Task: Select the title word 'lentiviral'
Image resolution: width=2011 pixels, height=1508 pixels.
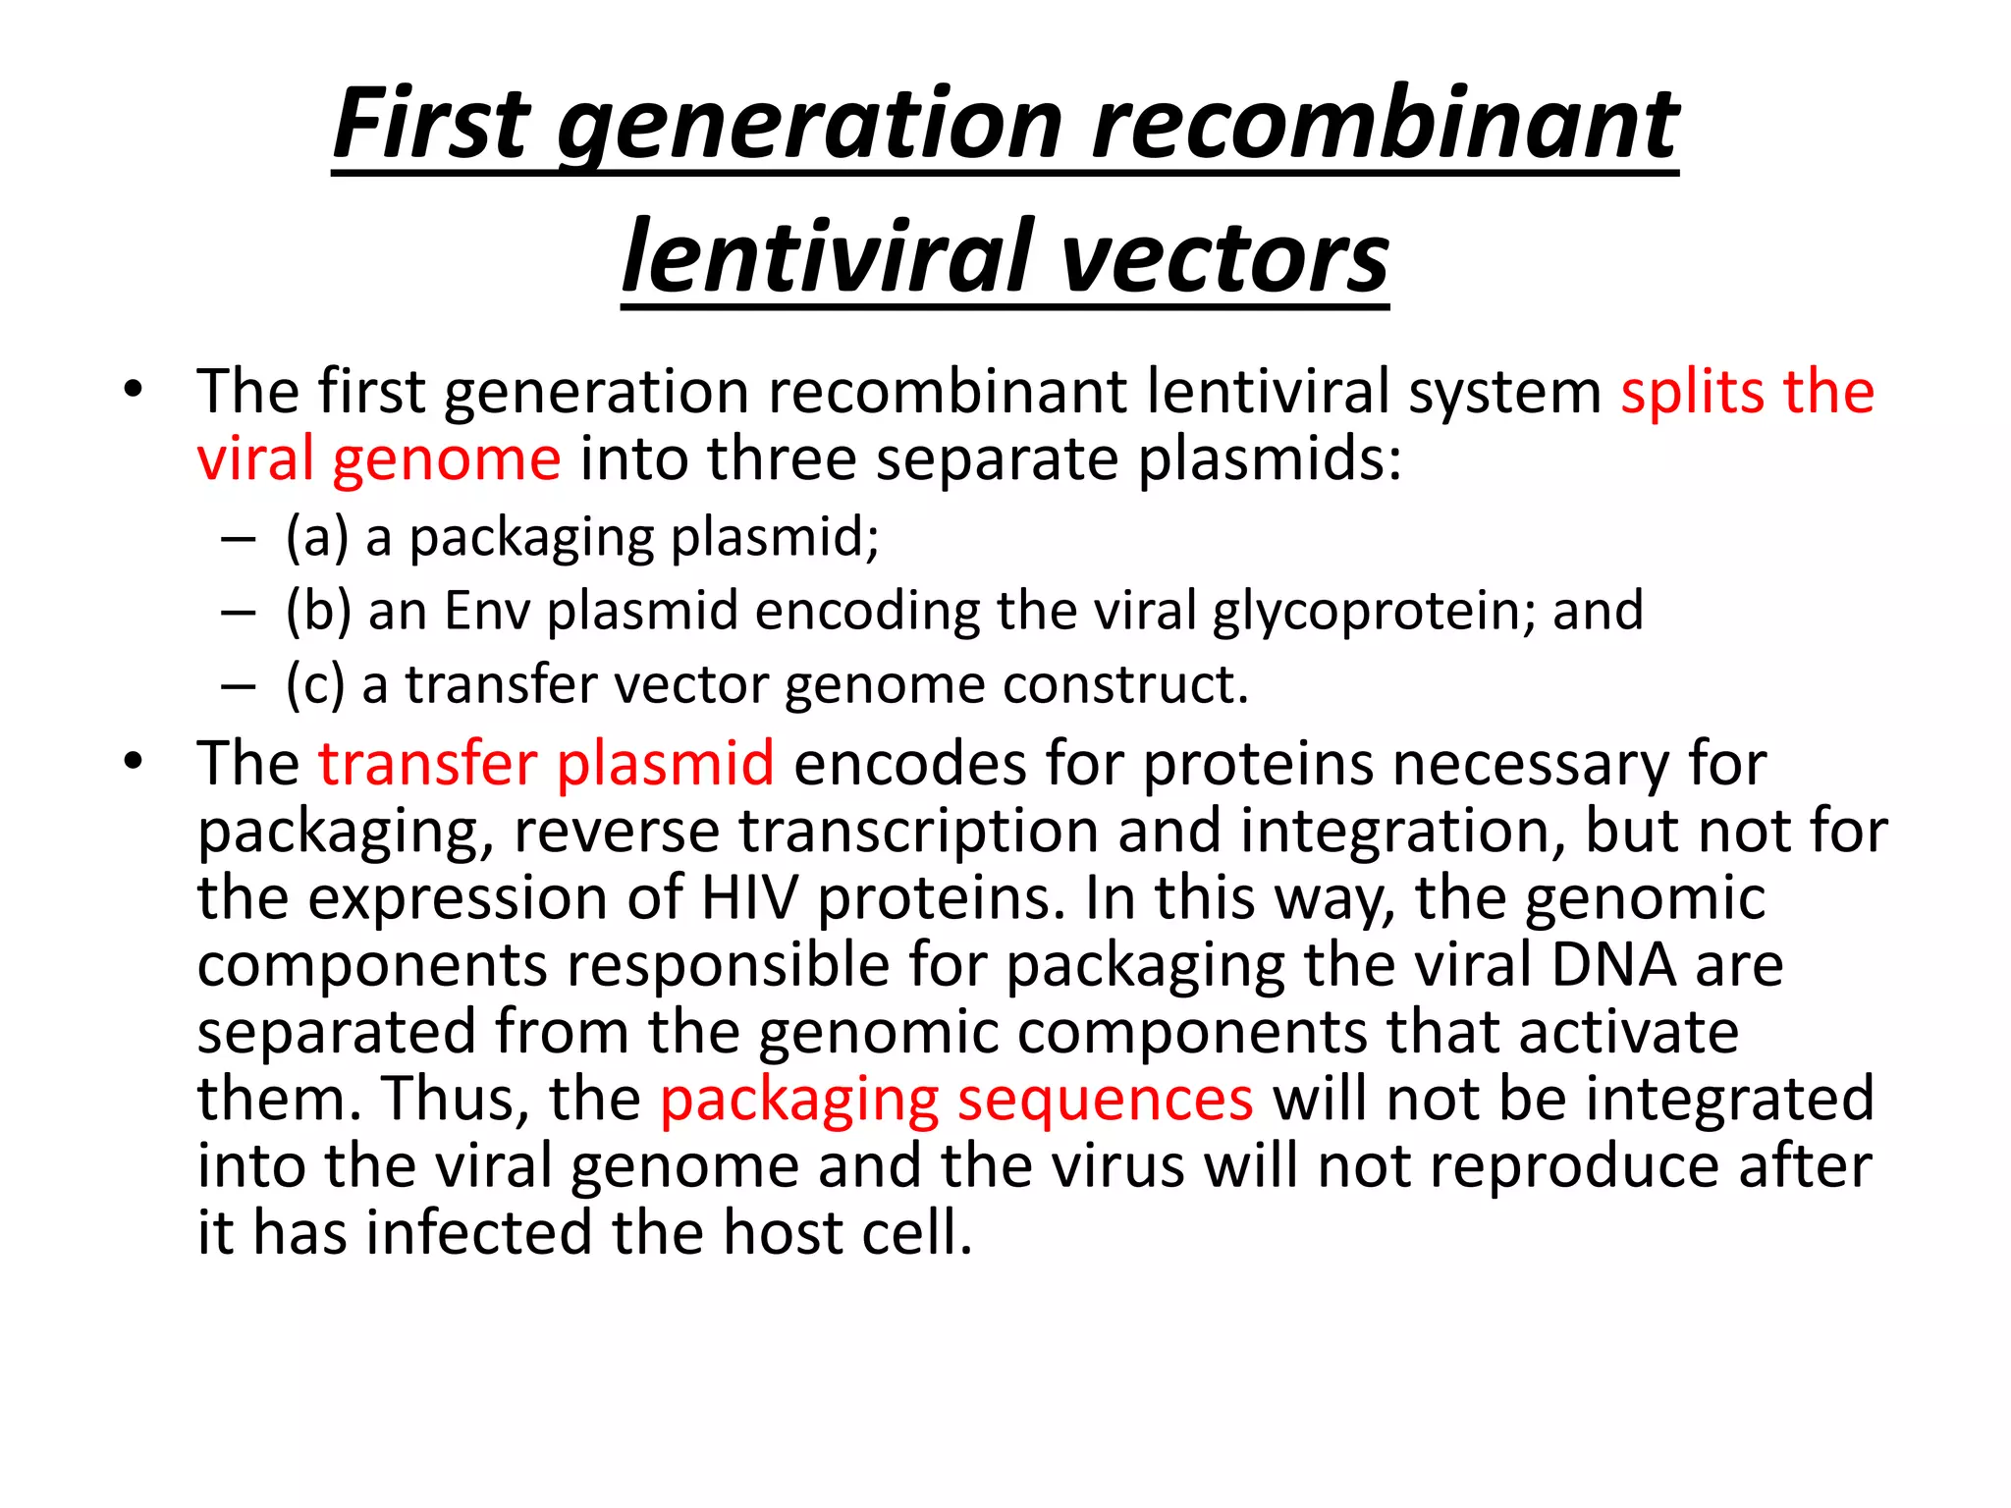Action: click(x=829, y=258)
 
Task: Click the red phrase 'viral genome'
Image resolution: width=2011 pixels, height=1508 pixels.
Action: click(x=379, y=459)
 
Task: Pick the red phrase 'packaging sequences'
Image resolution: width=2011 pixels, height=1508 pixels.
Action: click(x=956, y=1099)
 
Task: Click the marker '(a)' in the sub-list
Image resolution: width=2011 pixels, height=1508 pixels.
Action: click(x=317, y=538)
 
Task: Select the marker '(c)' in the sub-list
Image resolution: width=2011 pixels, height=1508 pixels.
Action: click(x=315, y=684)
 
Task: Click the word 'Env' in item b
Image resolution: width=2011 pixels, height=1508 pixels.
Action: click(x=486, y=611)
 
